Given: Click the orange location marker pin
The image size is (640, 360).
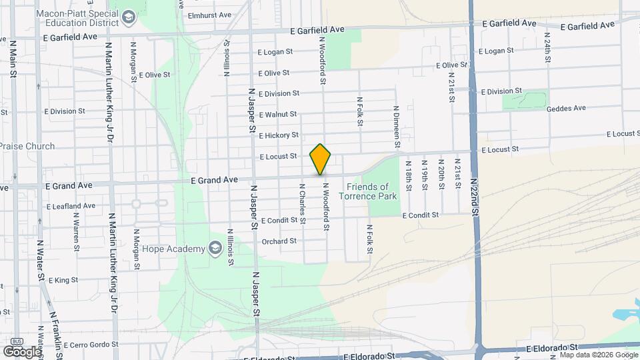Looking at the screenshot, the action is coord(320,159).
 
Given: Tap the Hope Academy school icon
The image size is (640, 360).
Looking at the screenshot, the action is coord(215,249).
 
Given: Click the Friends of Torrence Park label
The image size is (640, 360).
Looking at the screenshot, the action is coord(367,191).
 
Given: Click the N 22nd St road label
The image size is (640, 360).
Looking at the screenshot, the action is coord(475,197).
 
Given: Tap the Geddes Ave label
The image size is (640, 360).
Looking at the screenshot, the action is coord(565,108).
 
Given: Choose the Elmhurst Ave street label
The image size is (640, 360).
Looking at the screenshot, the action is coord(209,15).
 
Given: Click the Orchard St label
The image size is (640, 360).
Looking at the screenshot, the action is coord(279,241).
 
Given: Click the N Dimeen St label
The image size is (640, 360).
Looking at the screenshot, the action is coord(396,127).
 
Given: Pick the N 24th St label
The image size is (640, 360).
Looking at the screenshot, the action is coord(547,47).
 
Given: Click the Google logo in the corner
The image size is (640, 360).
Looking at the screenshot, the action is coord(21,351).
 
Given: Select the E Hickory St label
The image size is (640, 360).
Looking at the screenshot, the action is coord(279,135).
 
